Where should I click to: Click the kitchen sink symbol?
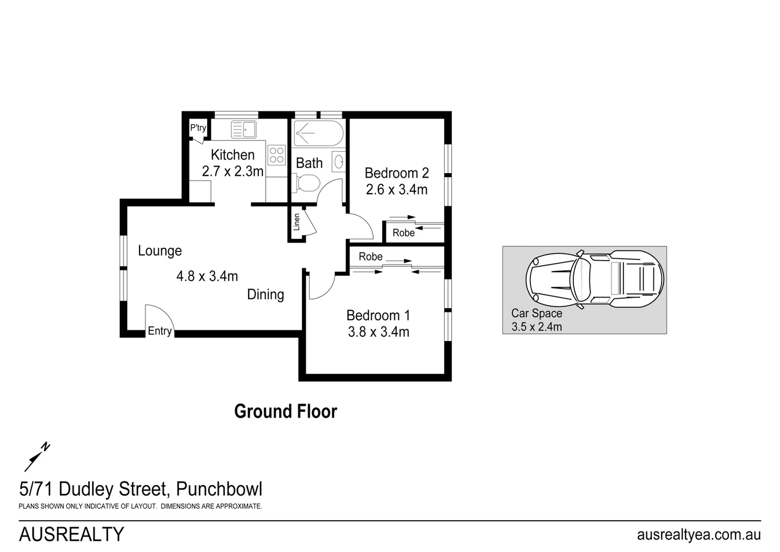tap(243, 129)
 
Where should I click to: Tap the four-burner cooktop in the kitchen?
tap(276, 155)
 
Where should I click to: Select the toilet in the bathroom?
tap(306, 183)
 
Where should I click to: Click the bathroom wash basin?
tap(338, 162)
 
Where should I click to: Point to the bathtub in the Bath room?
tap(319, 133)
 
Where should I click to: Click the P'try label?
tap(198, 128)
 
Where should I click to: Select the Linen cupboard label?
tap(296, 222)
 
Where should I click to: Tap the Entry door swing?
tap(159, 319)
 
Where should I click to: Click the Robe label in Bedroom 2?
tap(403, 233)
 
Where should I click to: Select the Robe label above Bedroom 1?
tap(370, 257)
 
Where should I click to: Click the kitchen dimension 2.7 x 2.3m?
tap(232, 171)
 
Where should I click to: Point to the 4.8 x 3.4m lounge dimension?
tap(207, 277)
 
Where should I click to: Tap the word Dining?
tap(265, 294)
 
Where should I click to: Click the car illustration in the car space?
tap(595, 279)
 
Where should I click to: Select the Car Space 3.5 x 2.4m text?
tap(537, 320)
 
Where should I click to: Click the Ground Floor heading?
tap(285, 411)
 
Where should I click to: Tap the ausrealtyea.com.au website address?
tap(698, 535)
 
